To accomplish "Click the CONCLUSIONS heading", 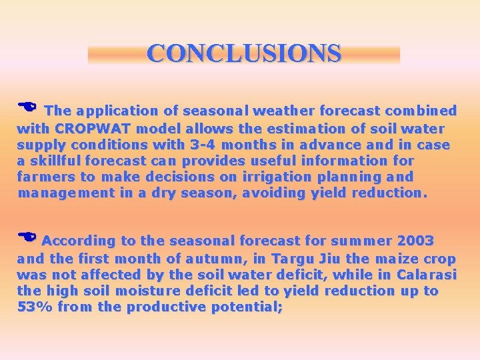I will (244, 53).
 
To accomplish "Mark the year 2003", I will (415, 241).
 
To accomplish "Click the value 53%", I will (35, 307).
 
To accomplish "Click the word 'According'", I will (79, 241).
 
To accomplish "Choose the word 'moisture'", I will (135, 291).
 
